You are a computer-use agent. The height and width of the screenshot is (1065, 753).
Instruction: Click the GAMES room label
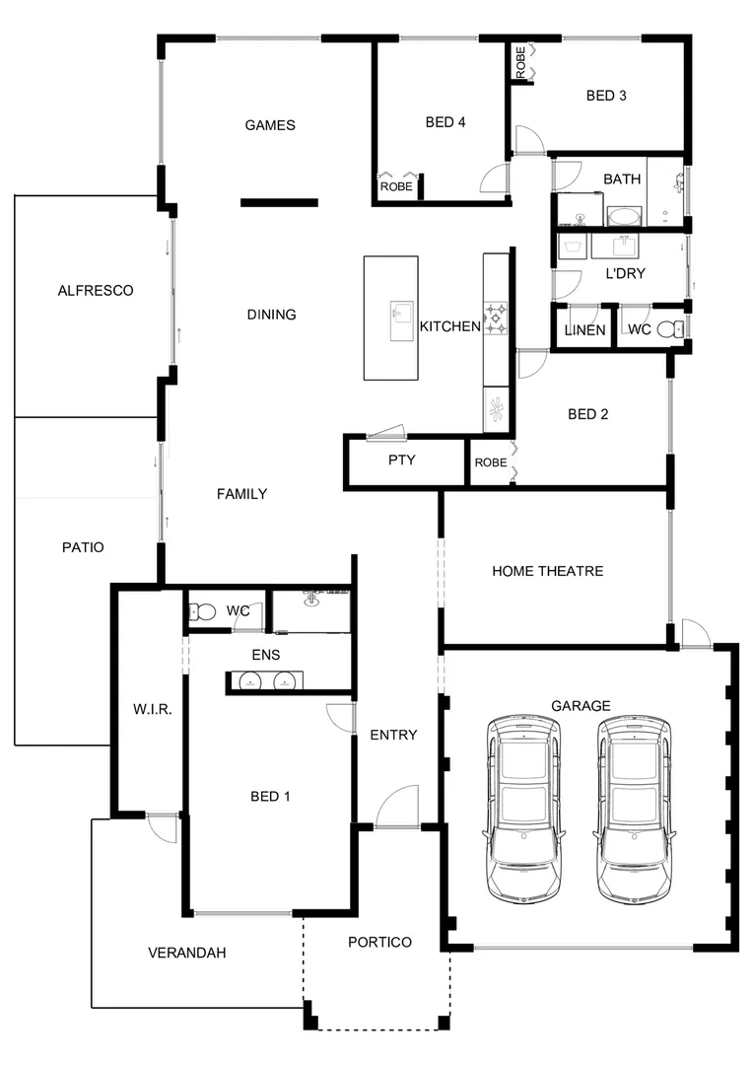point(270,125)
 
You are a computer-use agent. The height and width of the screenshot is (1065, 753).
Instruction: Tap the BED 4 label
point(445,122)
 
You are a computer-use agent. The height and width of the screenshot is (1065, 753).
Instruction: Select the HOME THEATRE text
point(548,571)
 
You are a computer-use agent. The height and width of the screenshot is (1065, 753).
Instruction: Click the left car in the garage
point(522,809)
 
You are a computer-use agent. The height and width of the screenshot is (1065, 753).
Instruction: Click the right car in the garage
point(634,809)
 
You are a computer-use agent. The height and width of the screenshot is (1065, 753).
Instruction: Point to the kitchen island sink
point(401,319)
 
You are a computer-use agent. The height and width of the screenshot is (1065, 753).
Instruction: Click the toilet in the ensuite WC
point(203,612)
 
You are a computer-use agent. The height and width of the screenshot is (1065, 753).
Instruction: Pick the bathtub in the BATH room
point(623,215)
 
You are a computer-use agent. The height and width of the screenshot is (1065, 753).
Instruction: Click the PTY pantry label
point(401,461)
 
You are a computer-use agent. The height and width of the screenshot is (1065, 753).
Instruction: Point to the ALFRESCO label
point(95,291)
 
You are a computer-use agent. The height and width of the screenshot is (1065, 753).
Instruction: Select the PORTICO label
point(379,943)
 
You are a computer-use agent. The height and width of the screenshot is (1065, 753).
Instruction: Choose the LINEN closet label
point(584,330)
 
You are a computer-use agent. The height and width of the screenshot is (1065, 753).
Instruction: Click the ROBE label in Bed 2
point(490,462)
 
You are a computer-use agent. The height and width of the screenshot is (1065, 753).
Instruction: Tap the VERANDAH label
point(187,953)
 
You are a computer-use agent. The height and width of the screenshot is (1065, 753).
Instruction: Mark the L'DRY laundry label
point(625,273)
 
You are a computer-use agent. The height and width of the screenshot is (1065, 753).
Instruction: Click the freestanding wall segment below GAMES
point(280,203)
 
